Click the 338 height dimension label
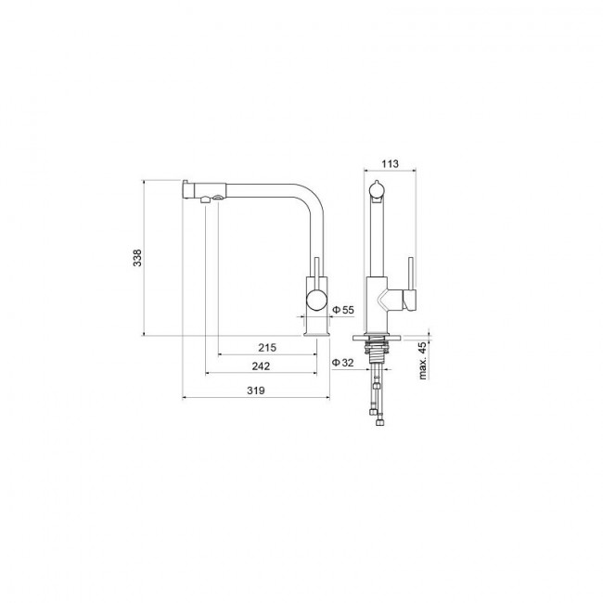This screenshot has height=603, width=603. click(137, 258)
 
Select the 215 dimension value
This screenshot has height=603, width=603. click(267, 348)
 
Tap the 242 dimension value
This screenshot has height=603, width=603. click(261, 366)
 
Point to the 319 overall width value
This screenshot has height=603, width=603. click(256, 391)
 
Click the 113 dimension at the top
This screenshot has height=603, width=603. click(390, 164)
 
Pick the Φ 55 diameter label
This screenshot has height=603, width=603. click(343, 310)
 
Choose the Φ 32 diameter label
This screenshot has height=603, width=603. click(342, 362)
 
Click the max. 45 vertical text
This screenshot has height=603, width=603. click(423, 360)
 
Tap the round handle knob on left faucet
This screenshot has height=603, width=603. click(316, 300)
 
